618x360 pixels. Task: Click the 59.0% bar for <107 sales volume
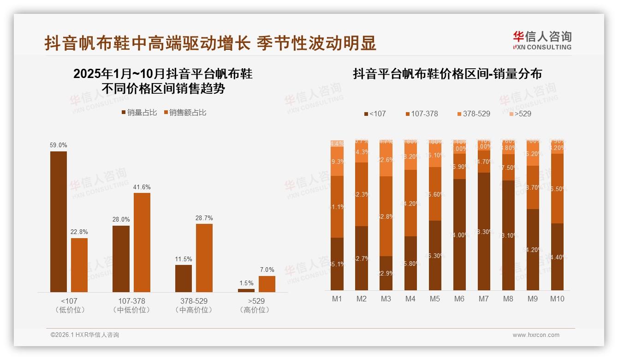coord(59,222)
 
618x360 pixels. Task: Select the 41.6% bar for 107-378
coord(142,242)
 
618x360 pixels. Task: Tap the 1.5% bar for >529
coord(246,290)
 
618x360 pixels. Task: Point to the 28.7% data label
coord(204,218)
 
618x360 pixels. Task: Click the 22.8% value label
coord(79,232)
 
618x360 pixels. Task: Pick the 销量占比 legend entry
coord(139,113)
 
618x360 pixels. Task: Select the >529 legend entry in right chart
coord(520,114)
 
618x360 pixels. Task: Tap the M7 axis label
coord(483,299)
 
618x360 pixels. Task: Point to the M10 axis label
coord(557,299)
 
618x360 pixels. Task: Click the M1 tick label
coord(337,299)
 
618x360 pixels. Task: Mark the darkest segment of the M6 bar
coord(459,234)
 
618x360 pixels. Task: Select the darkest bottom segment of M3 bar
coord(386,273)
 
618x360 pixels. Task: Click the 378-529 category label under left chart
coord(194,301)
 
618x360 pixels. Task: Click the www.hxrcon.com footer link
coord(536,335)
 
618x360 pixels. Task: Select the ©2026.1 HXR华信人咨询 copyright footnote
coord(85,335)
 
